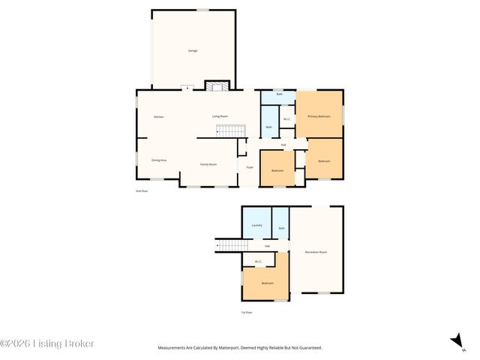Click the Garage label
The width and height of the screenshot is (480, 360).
pyautogui.click(x=192, y=51)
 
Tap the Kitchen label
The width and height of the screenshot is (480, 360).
pyautogui.click(x=158, y=117)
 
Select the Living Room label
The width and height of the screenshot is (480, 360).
pyautogui.click(x=220, y=116)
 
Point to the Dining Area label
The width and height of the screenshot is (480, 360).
pyautogui.click(x=158, y=160)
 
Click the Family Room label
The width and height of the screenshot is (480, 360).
pyautogui.click(x=208, y=164)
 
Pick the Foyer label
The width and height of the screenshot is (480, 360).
pyautogui.click(x=249, y=167)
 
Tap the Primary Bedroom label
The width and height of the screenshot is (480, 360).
pyautogui.click(x=319, y=117)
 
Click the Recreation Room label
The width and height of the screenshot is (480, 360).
pyautogui.click(x=316, y=252)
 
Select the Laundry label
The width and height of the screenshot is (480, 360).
pyautogui.click(x=256, y=225)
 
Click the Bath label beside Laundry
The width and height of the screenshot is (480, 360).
pyautogui.click(x=281, y=228)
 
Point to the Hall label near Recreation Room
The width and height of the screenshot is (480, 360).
pyautogui.click(x=267, y=246)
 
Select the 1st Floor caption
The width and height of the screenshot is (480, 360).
pyautogui.click(x=246, y=312)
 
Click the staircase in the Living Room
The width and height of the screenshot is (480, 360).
pyautogui.click(x=231, y=131)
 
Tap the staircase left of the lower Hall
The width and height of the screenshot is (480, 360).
pyautogui.click(x=232, y=246)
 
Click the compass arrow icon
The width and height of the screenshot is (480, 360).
pyautogui.click(x=456, y=341)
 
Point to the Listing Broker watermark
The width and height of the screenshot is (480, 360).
pyautogui.click(x=47, y=343)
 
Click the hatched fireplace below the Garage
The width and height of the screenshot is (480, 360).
pyautogui.click(x=217, y=86)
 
